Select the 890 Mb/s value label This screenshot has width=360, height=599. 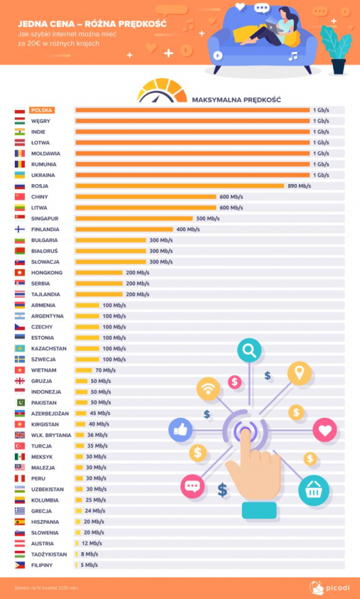point(298,185)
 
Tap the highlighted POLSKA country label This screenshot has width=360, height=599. point(42,110)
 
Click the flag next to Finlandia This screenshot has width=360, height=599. point(20,230)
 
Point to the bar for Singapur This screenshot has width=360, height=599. point(133,218)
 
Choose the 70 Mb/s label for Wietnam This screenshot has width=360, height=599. point(105,370)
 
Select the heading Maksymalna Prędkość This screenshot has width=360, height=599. point(236,99)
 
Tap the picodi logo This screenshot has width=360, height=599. point(326,585)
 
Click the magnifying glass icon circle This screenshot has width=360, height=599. point(249,350)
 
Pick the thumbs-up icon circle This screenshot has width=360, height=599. point(180,430)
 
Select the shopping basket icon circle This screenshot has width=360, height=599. point(312,490)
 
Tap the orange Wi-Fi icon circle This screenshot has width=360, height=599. point(209,389)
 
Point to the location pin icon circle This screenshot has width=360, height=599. point(300,373)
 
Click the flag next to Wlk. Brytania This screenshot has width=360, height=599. point(20,435)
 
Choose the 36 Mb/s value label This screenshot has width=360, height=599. point(97,435)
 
